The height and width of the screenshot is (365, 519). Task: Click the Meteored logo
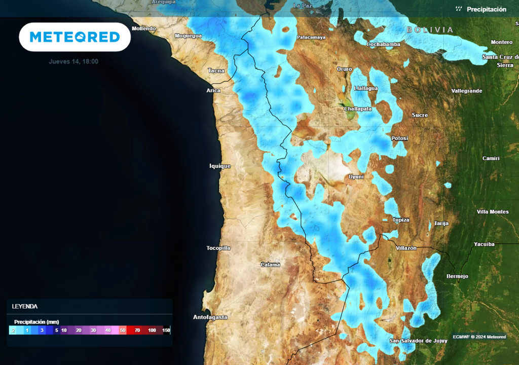pos(75,37)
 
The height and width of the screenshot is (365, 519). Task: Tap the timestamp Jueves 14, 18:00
pos(73,61)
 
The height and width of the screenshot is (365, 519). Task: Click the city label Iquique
pos(220,166)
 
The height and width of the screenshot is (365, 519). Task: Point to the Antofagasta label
pos(210,317)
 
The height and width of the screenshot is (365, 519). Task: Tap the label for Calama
pos(270,265)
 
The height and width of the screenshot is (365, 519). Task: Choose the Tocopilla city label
pos(218,248)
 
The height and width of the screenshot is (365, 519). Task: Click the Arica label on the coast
pos(213,90)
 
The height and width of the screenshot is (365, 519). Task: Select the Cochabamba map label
pos(384,44)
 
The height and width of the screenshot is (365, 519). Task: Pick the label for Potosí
pos(399,138)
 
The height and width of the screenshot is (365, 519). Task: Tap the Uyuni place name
pos(356,176)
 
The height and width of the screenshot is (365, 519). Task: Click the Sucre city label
pos(420,115)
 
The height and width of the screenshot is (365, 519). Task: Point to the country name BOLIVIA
pos(430,30)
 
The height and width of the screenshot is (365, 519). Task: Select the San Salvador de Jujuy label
pos(418,341)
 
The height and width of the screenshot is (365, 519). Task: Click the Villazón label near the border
pos(405,248)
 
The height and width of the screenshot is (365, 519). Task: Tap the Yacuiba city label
pos(484,244)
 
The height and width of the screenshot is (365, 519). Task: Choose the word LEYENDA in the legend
pos(25,306)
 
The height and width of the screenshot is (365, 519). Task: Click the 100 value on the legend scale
pos(152,331)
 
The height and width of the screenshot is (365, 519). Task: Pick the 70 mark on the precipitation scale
pos(137,331)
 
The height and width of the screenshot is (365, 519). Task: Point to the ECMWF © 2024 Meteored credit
pos(479,337)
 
